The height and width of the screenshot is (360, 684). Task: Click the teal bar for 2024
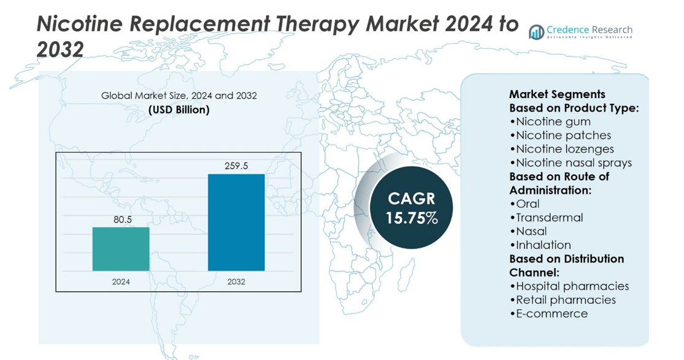121,249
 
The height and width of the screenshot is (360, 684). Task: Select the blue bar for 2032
236,222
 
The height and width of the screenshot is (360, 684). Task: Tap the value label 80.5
121,219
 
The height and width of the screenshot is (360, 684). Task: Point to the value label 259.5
236,166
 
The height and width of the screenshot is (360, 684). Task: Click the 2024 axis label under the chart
121,282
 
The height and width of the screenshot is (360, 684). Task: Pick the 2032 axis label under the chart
236,282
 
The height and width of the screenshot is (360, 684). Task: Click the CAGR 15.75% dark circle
412,208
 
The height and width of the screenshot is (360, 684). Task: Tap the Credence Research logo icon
536,31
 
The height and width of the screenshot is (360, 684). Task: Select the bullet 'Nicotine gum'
550,121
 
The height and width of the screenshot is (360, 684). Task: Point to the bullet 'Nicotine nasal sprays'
571,163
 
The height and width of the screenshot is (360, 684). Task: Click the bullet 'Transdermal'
546,218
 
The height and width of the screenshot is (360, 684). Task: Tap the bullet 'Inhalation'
540,245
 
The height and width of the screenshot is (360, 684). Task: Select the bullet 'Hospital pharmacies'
569,286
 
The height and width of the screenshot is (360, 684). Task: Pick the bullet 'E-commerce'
548,314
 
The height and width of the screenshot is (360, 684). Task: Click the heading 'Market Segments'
557,94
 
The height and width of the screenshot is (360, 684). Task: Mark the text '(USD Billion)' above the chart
179,110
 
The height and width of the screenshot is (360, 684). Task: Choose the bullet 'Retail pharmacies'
563,300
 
